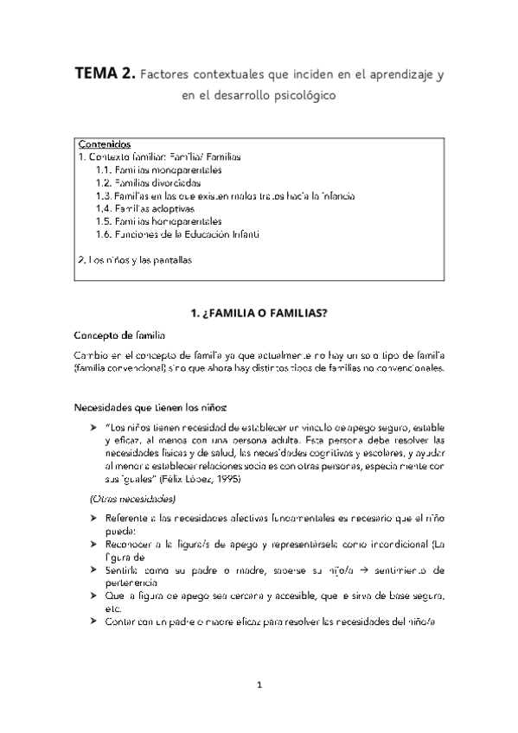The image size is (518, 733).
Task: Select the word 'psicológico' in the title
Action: [296, 97]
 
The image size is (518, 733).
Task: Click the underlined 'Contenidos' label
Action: [105, 143]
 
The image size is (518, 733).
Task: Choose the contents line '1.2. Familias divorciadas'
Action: [149, 183]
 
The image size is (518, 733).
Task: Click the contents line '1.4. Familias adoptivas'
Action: [145, 208]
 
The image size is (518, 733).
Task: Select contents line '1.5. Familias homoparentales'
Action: [159, 221]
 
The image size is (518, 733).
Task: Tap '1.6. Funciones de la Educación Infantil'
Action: [178, 234]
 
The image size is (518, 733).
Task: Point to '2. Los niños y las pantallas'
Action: [134, 259]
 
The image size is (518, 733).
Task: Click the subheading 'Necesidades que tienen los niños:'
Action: [152, 405]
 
